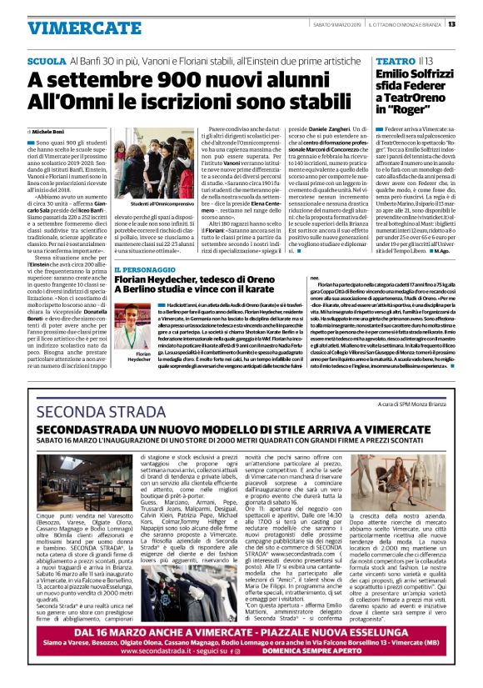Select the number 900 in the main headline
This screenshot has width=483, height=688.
pyautogui.click(x=173, y=81)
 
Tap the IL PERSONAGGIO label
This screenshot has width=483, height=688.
pyautogui.click(x=146, y=272)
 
